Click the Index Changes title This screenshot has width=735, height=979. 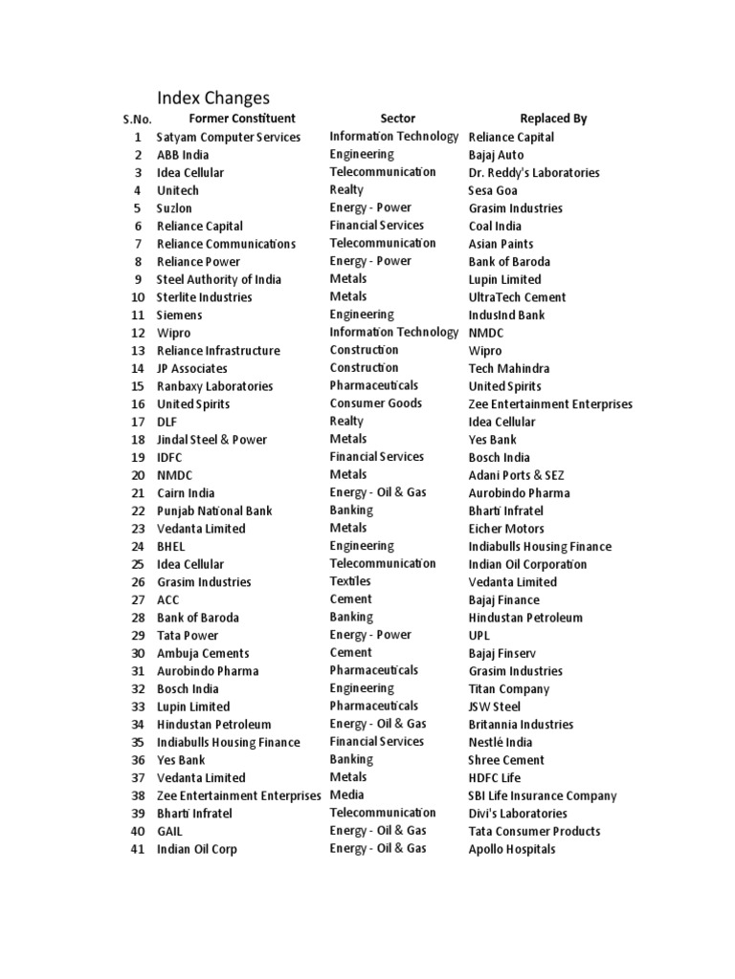click(x=213, y=98)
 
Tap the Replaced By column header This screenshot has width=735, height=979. click(x=553, y=119)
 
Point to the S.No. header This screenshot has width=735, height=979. click(x=137, y=120)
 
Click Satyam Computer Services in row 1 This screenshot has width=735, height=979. click(x=229, y=137)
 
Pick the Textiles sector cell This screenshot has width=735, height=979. click(x=350, y=581)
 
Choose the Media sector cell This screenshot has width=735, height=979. click(x=347, y=794)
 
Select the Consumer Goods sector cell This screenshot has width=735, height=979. click(x=376, y=403)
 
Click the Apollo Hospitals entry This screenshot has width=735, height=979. click(x=512, y=849)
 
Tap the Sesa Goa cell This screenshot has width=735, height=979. click(x=493, y=190)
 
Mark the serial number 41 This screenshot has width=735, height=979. click(x=138, y=849)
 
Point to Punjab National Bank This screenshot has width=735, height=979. click(x=214, y=511)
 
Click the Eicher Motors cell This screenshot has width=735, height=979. click(x=506, y=529)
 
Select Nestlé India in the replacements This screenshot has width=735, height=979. click(x=501, y=742)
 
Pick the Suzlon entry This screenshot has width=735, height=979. click(x=174, y=208)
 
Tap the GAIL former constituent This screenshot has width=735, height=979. click(x=169, y=832)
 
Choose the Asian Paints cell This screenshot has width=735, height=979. click(x=501, y=244)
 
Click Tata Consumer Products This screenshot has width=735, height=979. click(x=535, y=831)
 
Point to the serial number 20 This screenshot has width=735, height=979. click(x=138, y=475)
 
